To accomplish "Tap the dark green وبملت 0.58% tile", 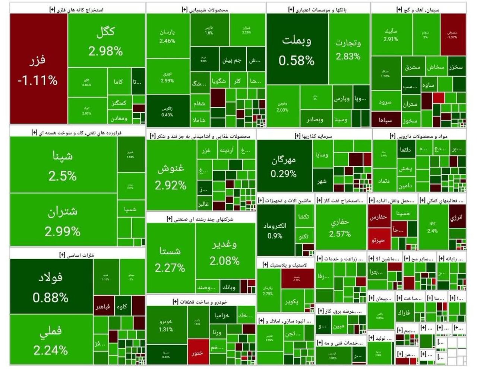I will pyautogui.click(x=297, y=49).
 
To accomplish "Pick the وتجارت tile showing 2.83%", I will pyautogui.click(x=348, y=49).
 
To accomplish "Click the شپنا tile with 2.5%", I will pyautogui.click(x=63, y=165).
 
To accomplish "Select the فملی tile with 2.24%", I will pyautogui.click(x=51, y=339).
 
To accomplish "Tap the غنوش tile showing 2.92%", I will pyautogui.click(x=171, y=176).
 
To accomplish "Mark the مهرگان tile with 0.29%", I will pyautogui.click(x=284, y=166).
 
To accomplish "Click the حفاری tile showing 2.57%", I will pyautogui.click(x=340, y=227).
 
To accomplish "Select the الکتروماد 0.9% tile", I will pyautogui.click(x=275, y=231).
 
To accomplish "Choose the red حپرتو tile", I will pyautogui.click(x=379, y=240).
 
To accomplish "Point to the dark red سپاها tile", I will pyautogui.click(x=385, y=120).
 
